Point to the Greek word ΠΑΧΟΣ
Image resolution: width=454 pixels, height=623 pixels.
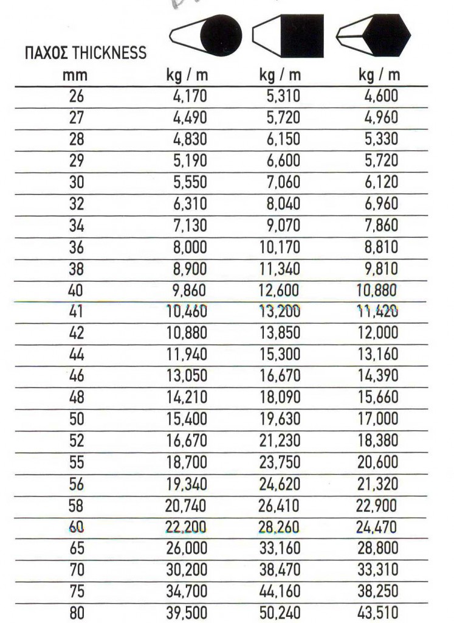pyautogui.click(x=46, y=52)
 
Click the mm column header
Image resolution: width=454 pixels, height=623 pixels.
pyautogui.click(x=77, y=75)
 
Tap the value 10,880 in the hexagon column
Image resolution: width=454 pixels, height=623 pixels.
pyautogui.click(x=377, y=290)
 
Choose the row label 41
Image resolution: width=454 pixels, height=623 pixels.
pyautogui.click(x=77, y=311)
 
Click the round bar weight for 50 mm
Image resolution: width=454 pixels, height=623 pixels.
pyautogui.click(x=187, y=419)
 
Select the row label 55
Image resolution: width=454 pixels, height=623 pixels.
pyautogui.click(x=77, y=462)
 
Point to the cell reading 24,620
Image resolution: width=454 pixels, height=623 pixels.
pyautogui.click(x=280, y=484)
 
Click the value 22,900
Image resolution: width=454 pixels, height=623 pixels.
pyautogui.click(x=377, y=506)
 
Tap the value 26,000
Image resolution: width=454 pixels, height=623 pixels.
pyautogui.click(x=187, y=548)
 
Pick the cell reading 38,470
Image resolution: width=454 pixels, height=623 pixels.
pyautogui.click(x=280, y=570)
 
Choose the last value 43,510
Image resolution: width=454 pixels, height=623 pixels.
pyautogui.click(x=377, y=613)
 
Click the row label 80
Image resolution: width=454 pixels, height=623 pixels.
pyautogui.click(x=77, y=613)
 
